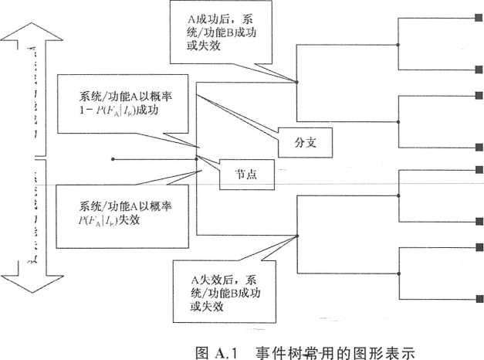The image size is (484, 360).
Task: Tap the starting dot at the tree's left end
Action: (113, 160)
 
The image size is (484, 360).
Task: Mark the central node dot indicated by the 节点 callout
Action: (198, 160)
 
